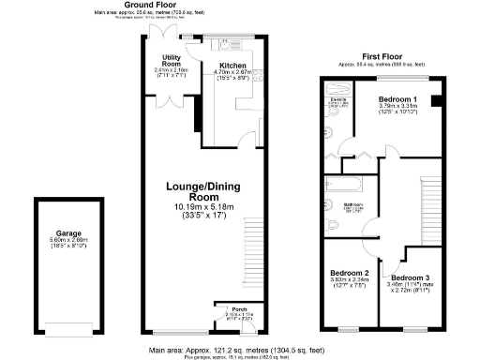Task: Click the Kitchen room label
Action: (x=229, y=63)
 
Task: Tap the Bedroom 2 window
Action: (x=350, y=329)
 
